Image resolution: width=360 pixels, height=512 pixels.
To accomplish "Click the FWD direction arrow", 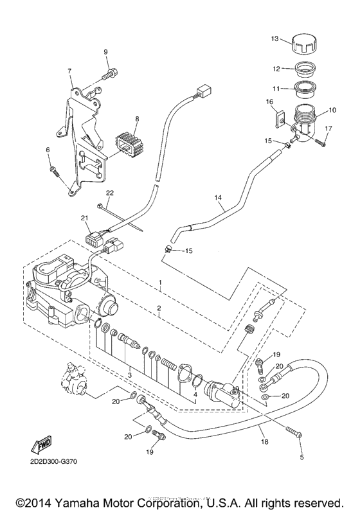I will [40, 444].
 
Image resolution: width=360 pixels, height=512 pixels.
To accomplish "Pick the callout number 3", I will [129, 374].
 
